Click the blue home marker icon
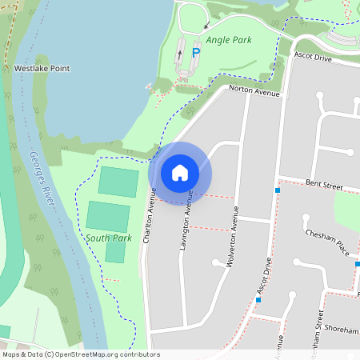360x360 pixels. tap(180, 173)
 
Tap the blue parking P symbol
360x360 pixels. tap(196, 52)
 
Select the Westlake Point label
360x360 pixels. tap(42, 69)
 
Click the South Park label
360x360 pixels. tap(109, 238)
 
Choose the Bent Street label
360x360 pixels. tap(324, 186)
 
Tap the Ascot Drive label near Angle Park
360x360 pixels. tap(313, 57)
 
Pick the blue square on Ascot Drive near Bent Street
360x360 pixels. tap(278, 190)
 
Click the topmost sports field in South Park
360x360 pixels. tap(118, 182)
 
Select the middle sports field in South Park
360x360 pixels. tap(108, 216)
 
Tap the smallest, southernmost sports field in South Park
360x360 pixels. tap(116, 251)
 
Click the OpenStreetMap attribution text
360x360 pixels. tap(80, 354)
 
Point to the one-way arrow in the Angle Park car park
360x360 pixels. tap(179, 54)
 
